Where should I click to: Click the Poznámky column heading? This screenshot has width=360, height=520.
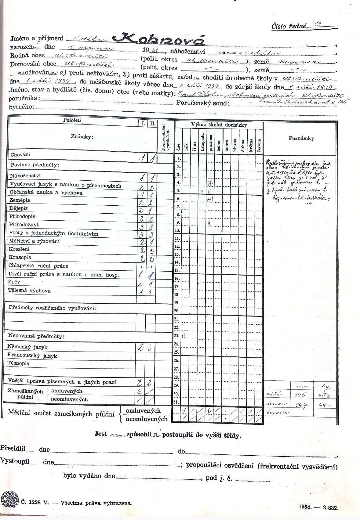pos(301,138)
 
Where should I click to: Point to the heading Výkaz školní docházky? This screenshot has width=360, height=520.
pos(219,125)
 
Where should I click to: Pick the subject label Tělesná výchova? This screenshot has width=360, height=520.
pos(30,291)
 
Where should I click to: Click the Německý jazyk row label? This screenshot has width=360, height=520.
pos(27,347)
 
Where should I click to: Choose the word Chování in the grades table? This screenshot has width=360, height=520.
pos(20,155)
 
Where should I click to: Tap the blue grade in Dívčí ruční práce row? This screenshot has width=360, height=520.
pos(150,275)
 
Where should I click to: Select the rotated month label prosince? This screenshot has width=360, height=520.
pos(210,144)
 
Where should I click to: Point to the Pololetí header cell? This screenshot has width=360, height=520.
pos(72,120)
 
